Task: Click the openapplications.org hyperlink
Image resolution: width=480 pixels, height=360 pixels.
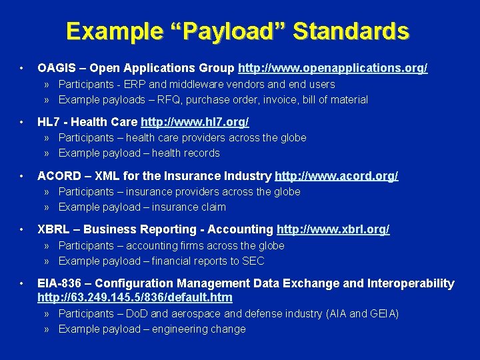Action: (333, 68)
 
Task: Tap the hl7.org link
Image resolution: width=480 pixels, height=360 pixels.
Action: (195, 122)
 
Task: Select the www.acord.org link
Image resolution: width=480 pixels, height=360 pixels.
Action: (336, 176)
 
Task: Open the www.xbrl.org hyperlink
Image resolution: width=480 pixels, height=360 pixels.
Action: (333, 229)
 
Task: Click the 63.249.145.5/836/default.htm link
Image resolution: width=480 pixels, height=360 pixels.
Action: (135, 297)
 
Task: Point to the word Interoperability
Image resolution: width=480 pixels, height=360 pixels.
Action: (411, 283)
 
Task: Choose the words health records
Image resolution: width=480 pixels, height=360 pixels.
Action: (186, 153)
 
